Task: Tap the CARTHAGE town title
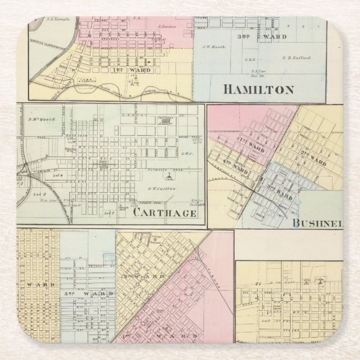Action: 164,213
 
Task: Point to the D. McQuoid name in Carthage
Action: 39,119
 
